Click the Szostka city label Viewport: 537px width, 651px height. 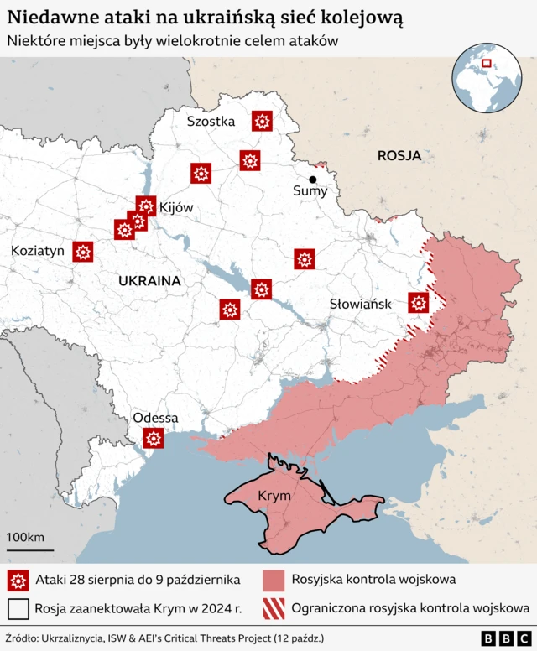pos(211,121)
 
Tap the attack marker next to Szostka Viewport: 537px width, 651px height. pos(262,122)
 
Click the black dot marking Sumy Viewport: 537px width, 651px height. pos(313,180)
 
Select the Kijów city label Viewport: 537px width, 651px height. pos(176,207)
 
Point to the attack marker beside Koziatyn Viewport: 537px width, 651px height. pos(82,252)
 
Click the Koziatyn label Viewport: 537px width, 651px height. pos(36,251)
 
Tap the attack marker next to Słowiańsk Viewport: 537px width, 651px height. pos(419,303)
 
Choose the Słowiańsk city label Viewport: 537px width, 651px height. pos(360,304)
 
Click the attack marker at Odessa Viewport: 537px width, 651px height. pos(153,438)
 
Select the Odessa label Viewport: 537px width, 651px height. pos(155,418)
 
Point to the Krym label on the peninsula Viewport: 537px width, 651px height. pos(274,496)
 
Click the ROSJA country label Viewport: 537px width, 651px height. pos(399,155)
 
